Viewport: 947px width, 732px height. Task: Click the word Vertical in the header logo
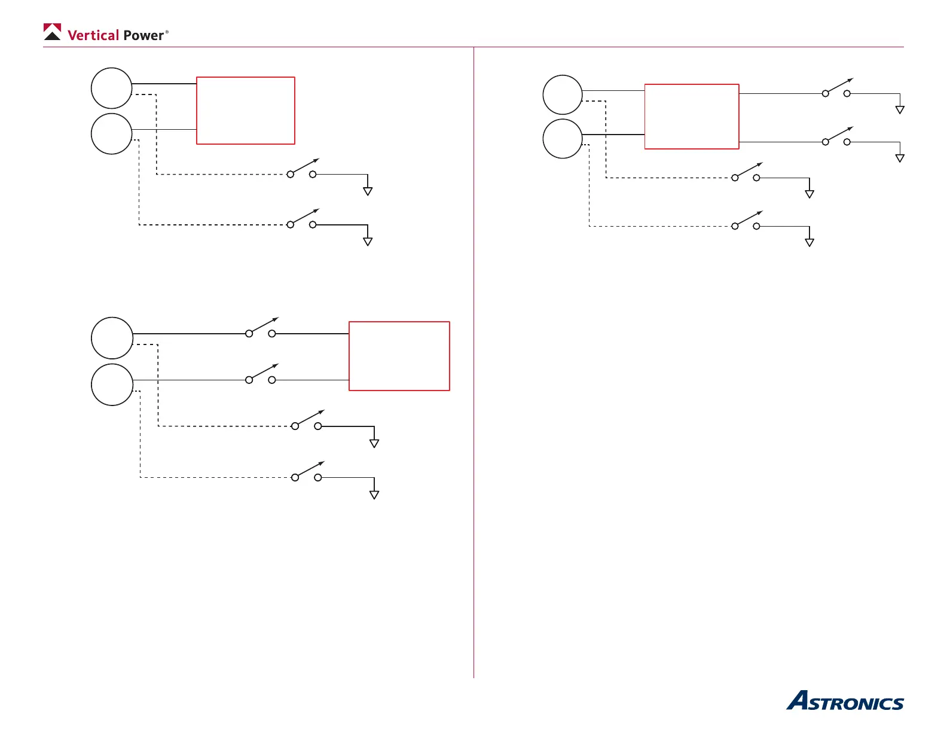tap(93, 35)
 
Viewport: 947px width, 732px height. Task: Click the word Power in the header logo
tap(143, 35)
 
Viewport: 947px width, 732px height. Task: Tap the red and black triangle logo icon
tap(53, 32)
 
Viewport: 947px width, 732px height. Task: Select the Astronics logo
tap(845, 701)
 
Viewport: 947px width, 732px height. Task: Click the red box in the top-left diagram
tap(246, 111)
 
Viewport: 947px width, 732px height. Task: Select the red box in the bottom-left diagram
tap(399, 356)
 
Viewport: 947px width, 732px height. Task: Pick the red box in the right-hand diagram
tap(692, 117)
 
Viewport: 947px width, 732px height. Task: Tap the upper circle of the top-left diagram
tap(111, 88)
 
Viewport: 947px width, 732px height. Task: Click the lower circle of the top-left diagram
tap(111, 134)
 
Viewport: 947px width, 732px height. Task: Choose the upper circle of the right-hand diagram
tap(563, 94)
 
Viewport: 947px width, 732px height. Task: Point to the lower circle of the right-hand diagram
tap(563, 139)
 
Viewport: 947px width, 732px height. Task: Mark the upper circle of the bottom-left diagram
tap(112, 338)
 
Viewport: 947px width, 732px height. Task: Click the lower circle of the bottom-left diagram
tap(112, 385)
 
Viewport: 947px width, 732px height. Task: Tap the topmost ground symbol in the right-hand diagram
tap(900, 109)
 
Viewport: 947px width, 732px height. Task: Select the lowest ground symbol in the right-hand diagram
tap(809, 242)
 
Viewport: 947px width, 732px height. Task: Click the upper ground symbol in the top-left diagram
tap(368, 191)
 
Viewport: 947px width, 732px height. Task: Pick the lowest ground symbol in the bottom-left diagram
tap(374, 495)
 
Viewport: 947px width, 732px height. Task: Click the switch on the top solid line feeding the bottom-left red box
tap(261, 329)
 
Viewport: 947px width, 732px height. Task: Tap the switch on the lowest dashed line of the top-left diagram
tap(302, 220)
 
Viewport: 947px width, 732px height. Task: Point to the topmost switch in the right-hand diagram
tap(836, 89)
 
